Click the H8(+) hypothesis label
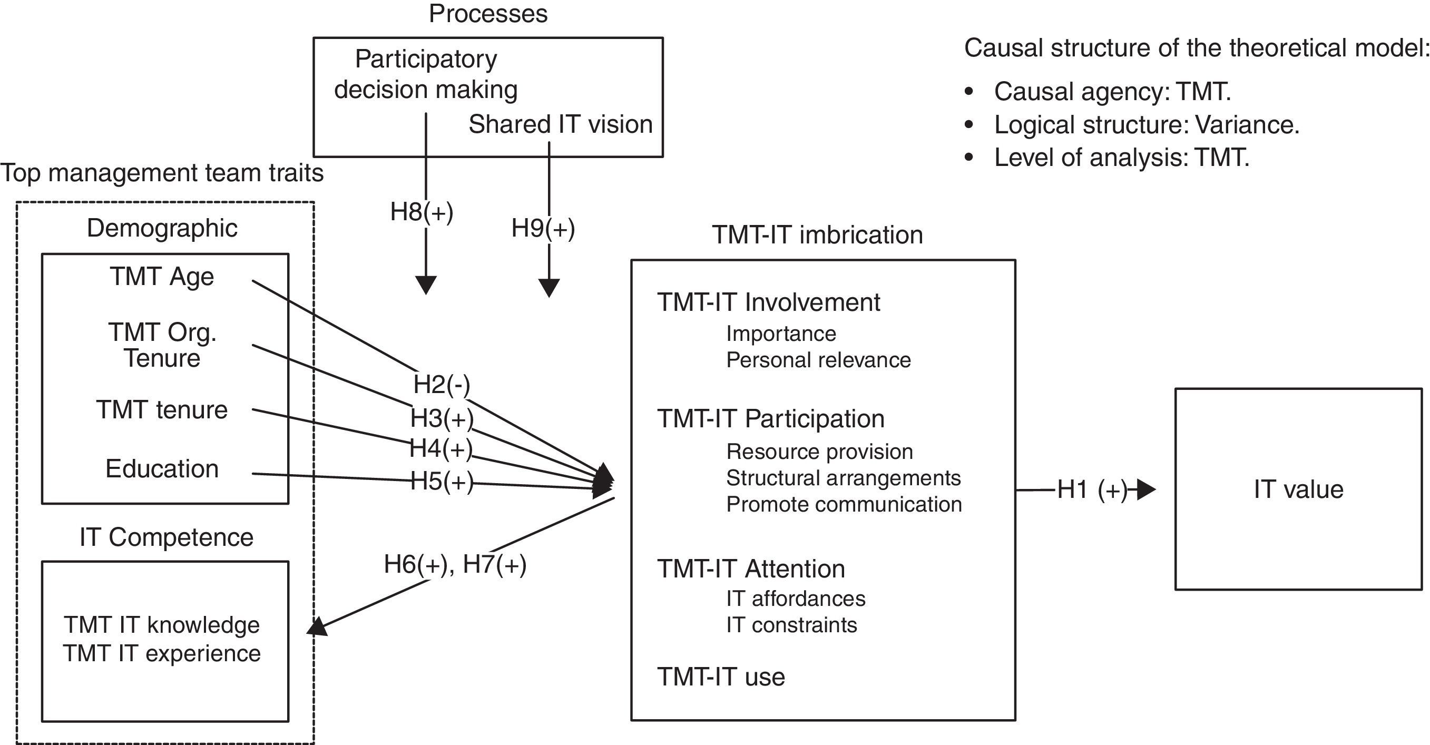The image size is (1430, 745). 422,212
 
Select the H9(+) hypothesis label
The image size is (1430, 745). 543,228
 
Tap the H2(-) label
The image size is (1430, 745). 442,384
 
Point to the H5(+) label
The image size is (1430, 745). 442,482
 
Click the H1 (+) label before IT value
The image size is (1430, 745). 1092,489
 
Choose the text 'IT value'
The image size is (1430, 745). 1298,489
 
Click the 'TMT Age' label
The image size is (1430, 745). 162,277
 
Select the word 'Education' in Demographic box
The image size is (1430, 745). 162,469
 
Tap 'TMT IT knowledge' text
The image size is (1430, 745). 162,625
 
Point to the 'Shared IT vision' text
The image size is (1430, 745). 560,124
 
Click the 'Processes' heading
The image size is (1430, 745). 488,13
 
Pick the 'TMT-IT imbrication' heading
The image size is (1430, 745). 817,235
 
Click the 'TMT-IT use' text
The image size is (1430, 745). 721,677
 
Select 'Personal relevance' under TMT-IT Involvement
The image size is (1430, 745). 818,360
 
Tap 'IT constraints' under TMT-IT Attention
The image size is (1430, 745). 791,625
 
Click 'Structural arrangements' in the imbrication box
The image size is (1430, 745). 843,478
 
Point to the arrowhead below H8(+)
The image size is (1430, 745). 426,284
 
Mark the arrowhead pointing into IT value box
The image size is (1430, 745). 1146,489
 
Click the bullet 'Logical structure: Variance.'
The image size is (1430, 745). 1147,125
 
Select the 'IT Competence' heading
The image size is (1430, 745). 166,537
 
